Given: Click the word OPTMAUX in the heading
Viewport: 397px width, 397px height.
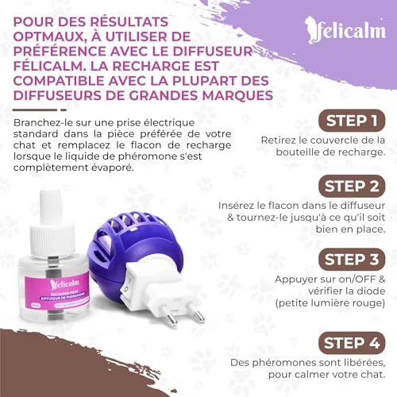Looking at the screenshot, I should coord(52,36).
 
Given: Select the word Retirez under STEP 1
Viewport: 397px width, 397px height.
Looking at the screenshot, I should coord(279,140).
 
